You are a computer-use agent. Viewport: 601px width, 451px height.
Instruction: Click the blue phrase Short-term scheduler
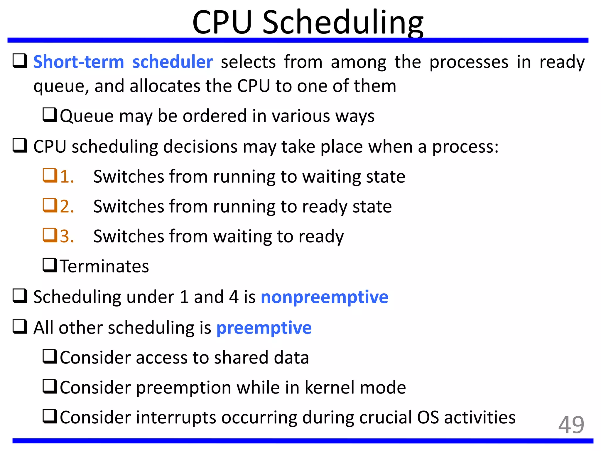123,62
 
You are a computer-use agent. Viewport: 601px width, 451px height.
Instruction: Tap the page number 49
571,425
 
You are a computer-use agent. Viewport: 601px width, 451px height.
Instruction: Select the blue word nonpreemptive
324,297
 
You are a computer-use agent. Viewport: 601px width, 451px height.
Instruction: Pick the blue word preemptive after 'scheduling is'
264,328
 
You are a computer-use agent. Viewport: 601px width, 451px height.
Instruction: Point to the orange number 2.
67,206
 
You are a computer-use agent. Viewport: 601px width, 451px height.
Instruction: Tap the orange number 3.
67,236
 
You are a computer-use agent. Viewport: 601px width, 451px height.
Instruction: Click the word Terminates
104,266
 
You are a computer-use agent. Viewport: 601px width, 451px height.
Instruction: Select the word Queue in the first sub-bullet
87,116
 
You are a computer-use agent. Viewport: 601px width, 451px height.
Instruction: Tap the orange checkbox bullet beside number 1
50,175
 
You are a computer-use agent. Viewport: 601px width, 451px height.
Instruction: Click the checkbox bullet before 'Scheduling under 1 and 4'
20,296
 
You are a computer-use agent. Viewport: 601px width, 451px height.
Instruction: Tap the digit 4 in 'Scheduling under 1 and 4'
234,297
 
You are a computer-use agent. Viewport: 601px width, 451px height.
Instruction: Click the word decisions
200,147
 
